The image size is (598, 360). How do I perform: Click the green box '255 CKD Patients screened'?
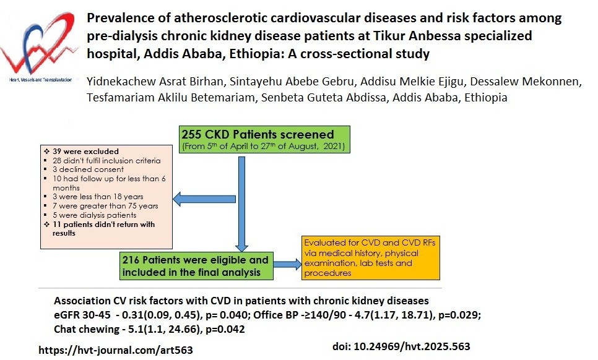(x=264, y=139)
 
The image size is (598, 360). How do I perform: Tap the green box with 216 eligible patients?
(x=196, y=266)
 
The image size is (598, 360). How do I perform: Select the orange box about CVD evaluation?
(x=370, y=258)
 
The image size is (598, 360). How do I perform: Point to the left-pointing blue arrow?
(x=204, y=199)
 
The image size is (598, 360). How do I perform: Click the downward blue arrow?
(x=241, y=204)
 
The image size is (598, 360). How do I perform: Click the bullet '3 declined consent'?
(x=88, y=169)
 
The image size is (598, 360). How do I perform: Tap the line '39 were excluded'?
(x=85, y=152)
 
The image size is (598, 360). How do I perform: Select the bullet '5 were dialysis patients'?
(x=94, y=215)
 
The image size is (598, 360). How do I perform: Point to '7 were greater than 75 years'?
(x=105, y=206)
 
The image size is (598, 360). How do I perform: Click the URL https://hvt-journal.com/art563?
(x=116, y=350)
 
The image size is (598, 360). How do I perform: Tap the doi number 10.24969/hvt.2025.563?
(x=412, y=346)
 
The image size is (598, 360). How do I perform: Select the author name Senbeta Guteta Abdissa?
(x=323, y=98)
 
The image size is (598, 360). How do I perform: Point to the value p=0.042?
(x=225, y=329)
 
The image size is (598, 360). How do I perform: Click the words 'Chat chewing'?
(x=87, y=329)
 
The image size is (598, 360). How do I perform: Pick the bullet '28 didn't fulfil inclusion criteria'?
(x=106, y=161)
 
